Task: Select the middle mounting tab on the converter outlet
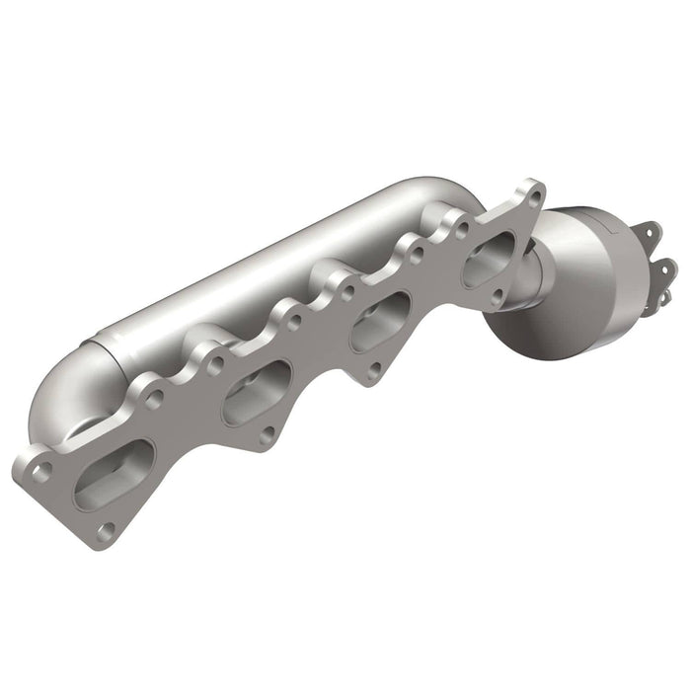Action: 664,267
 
